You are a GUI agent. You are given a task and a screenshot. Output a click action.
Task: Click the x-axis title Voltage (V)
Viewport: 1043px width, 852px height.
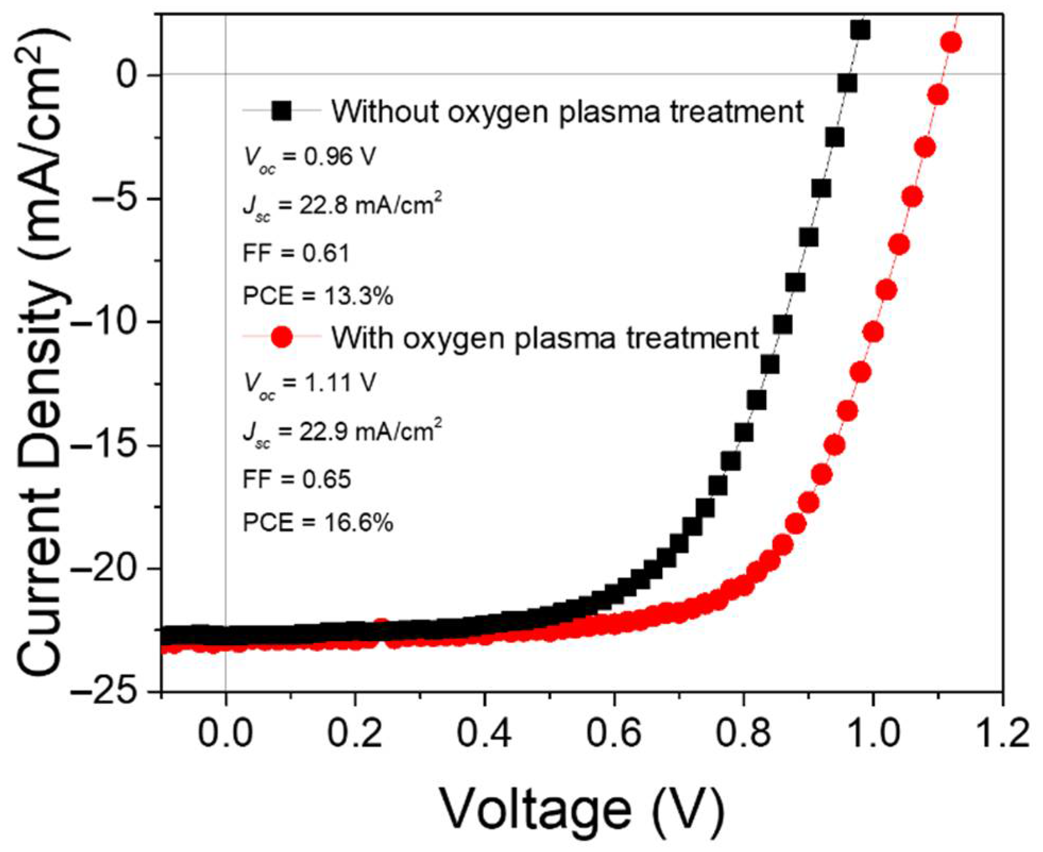point(582,811)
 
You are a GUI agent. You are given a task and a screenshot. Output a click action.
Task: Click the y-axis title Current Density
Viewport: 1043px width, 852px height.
point(42,351)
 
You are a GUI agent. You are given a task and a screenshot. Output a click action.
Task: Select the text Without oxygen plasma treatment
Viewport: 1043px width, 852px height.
point(567,112)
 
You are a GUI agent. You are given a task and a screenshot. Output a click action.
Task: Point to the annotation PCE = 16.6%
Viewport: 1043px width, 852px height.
point(318,524)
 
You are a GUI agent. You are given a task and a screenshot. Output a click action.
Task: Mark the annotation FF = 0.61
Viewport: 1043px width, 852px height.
point(296,254)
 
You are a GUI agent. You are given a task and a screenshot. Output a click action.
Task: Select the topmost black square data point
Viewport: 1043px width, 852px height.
point(860,30)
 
